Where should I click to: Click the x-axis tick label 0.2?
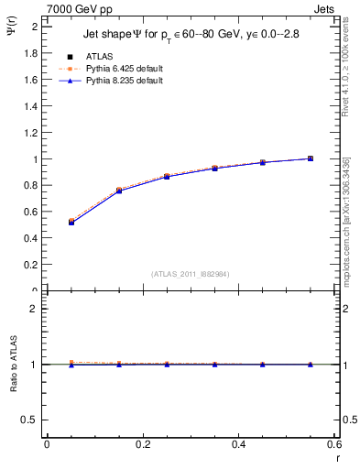pos(142,444)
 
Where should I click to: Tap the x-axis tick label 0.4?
pos(238,444)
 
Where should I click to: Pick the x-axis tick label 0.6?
pos(333,444)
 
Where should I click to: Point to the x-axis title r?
pos(336,458)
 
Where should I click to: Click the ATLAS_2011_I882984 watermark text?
pos(190,273)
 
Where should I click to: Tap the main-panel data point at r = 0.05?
pos(71,222)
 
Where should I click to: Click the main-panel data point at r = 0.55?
pos(311,158)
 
